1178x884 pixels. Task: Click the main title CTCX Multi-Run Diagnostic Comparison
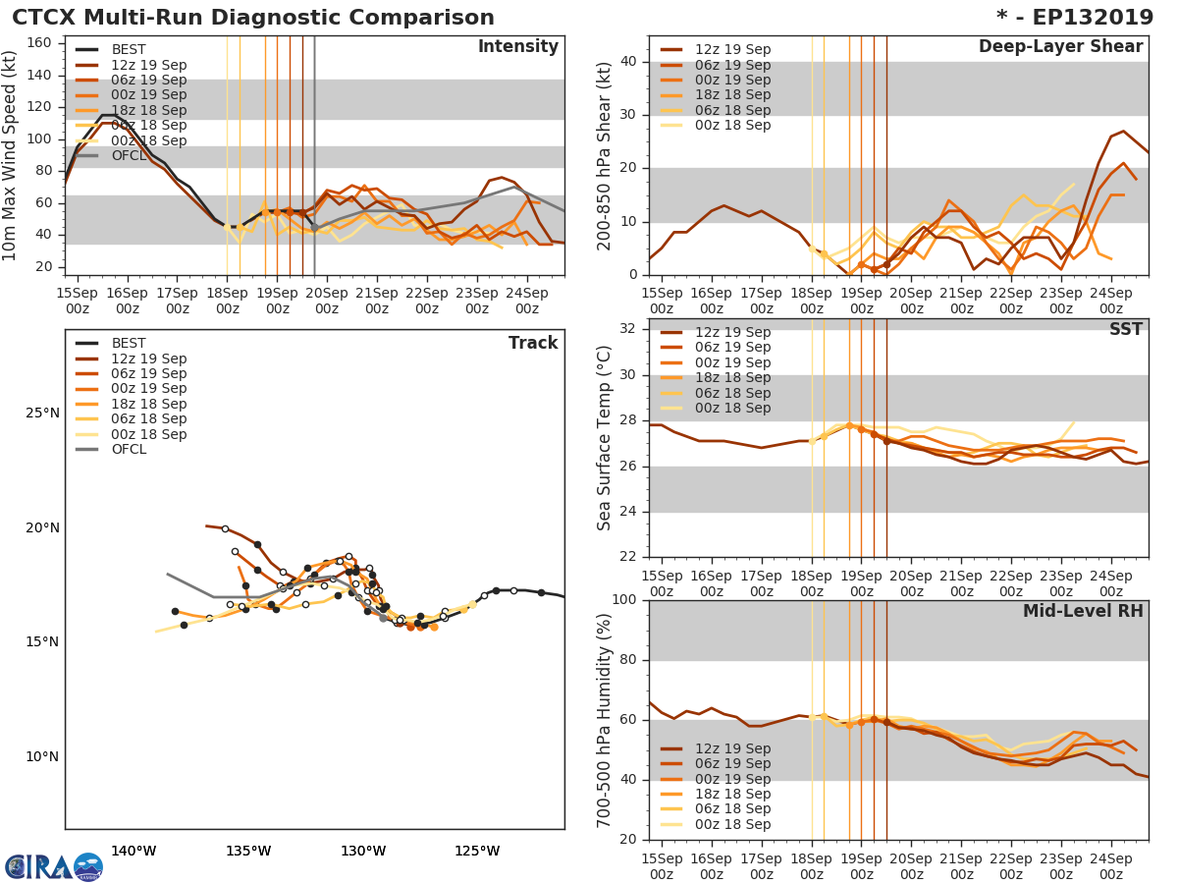(253, 18)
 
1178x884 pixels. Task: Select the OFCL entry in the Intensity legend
(129, 155)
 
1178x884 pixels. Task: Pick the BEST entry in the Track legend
(129, 344)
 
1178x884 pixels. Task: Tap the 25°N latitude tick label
(42, 413)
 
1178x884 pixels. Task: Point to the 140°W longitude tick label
(134, 851)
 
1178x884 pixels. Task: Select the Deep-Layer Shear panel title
(1060, 47)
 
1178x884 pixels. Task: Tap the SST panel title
(1125, 330)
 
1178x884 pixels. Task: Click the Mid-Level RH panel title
(1082, 612)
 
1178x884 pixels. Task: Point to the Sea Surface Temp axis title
(605, 438)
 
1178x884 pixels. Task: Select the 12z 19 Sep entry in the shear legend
(732, 50)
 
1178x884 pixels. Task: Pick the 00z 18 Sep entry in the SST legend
(732, 409)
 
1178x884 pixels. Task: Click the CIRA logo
(54, 866)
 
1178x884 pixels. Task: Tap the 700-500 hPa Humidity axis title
(605, 720)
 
